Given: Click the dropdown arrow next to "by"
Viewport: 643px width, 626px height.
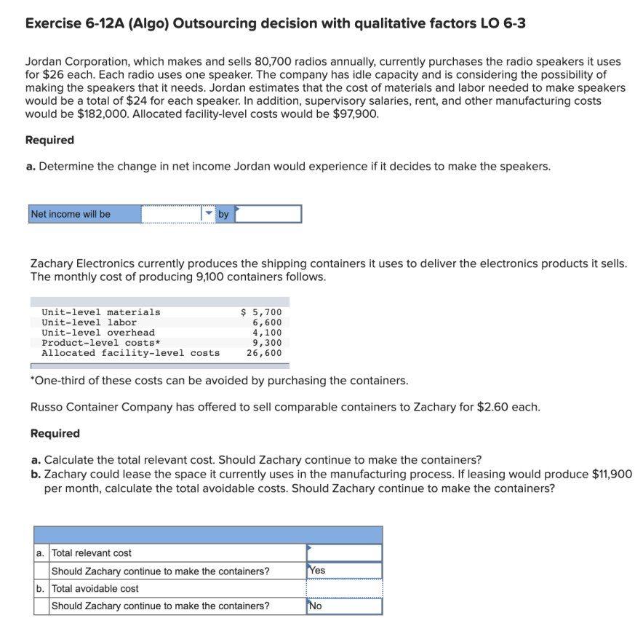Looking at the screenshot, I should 209,213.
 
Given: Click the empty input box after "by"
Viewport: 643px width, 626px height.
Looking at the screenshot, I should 268,214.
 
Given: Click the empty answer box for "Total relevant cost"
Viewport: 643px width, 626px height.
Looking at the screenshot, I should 344,553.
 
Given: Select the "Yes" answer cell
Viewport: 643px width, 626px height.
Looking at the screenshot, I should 344,571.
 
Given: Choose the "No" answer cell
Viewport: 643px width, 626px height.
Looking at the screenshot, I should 344,606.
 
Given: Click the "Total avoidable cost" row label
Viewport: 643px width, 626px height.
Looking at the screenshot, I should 95,588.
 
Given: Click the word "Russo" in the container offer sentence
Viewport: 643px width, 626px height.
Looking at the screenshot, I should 49,407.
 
